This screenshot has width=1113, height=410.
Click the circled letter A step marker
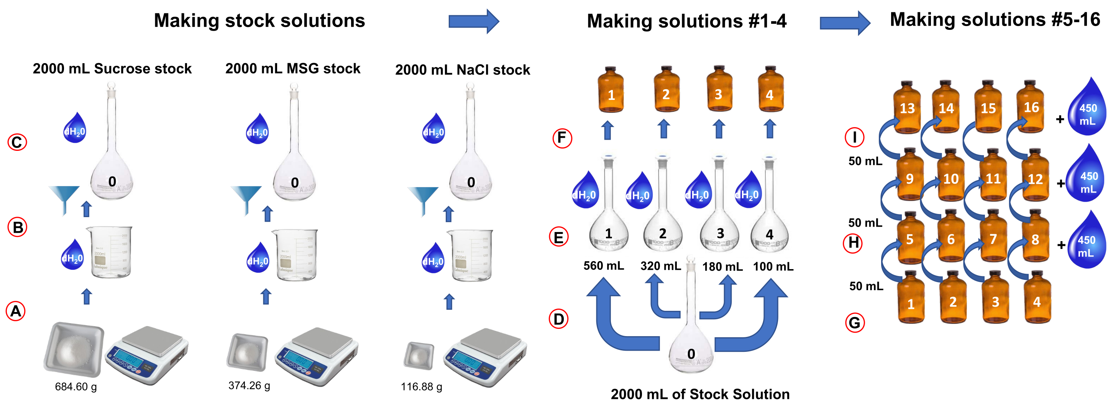tap(16, 311)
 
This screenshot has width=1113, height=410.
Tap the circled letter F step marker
tap(562, 138)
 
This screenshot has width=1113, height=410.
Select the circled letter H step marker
tap(853, 243)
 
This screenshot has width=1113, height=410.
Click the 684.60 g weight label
tap(76, 387)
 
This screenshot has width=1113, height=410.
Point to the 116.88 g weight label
tap(421, 387)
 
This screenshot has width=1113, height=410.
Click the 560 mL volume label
tap(603, 266)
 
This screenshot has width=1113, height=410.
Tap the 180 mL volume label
tap(722, 267)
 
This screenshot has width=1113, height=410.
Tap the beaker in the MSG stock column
tap(295, 255)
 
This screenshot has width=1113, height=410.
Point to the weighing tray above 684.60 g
tap(74, 349)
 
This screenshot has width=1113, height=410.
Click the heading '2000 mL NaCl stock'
tap(462, 70)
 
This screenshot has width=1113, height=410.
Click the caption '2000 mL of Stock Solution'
tap(700, 394)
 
